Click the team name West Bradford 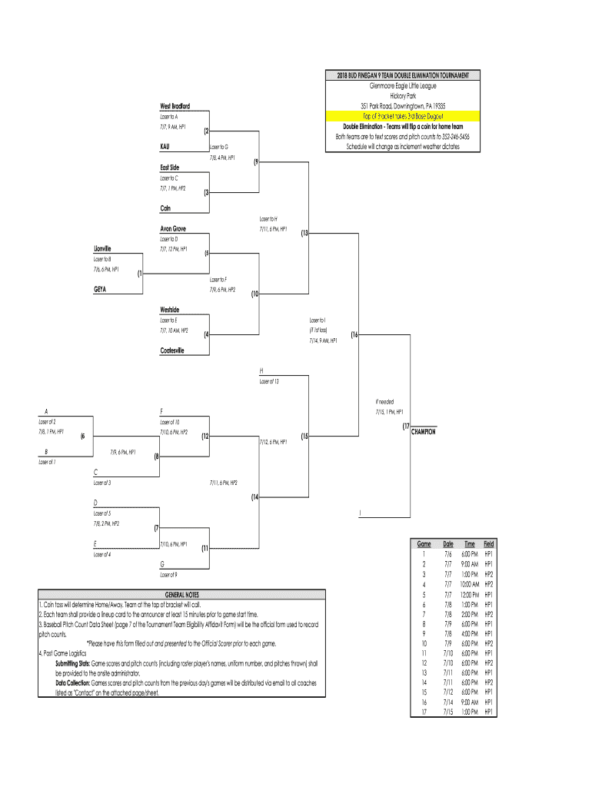click(175, 105)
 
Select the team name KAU click(165, 146)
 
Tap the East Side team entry click(170, 167)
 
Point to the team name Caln click(165, 208)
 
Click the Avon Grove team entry click(173, 229)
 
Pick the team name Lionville click(102, 248)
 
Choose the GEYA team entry click(100, 290)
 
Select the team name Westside click(170, 310)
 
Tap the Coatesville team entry click(173, 350)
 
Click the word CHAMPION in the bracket click(423, 432)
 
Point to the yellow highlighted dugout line click(404, 115)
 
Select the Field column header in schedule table click(488, 543)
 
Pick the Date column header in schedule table click(448, 543)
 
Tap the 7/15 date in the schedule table click(448, 712)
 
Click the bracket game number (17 click(404, 427)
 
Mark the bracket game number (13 click(304, 233)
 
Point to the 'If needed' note click(384, 402)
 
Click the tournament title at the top click(404, 75)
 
